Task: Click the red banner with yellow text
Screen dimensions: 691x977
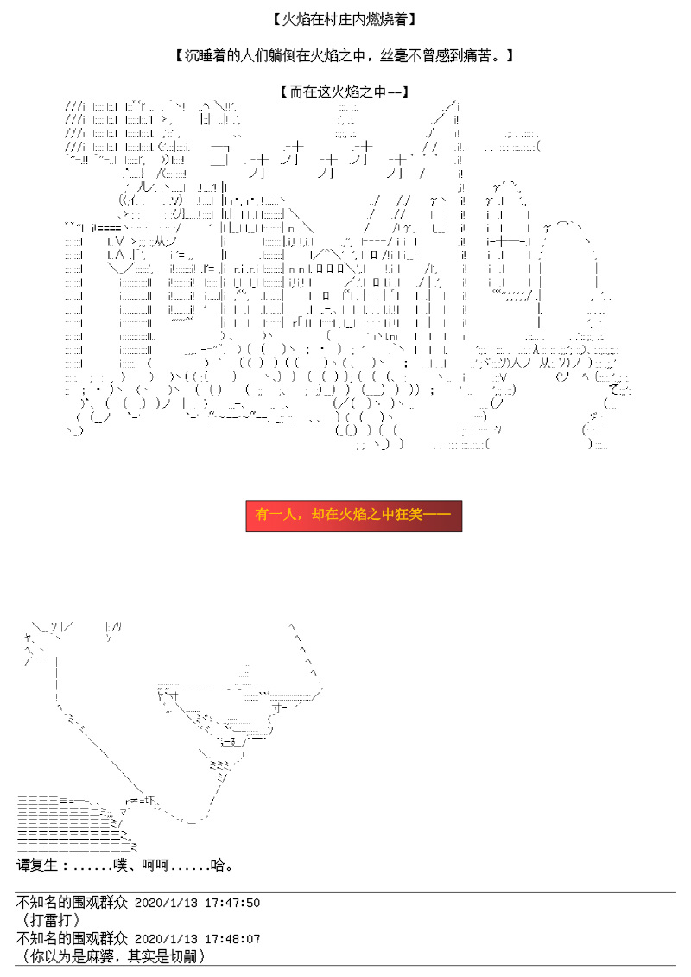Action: pyautogui.click(x=354, y=516)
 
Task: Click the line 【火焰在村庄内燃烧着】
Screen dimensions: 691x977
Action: pyautogui.click(x=345, y=20)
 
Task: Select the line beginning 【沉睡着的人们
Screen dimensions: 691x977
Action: pyautogui.click(x=345, y=56)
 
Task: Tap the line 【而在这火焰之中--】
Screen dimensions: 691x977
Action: pyautogui.click(x=345, y=92)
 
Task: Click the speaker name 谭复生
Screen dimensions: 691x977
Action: pyautogui.click(x=37, y=865)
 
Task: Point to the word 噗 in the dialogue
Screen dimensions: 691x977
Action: pyautogui.click(x=120, y=865)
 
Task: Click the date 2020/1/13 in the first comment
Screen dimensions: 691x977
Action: pyautogui.click(x=166, y=903)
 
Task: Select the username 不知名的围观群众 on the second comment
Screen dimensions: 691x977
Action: pyautogui.click(x=73, y=938)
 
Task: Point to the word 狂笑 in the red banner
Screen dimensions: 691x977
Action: pyautogui.click(x=408, y=515)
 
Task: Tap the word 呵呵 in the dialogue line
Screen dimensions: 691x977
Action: pyautogui.click(x=155, y=865)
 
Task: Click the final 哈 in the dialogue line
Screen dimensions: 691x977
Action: pyautogui.click(x=218, y=865)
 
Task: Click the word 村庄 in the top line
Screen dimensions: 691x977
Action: pyautogui.click(x=339, y=20)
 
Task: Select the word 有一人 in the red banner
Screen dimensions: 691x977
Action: pyautogui.click(x=276, y=515)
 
